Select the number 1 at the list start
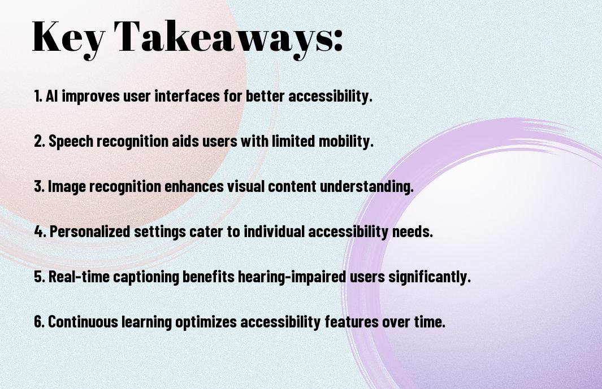(38, 96)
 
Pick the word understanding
(367, 186)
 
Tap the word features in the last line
(351, 321)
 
